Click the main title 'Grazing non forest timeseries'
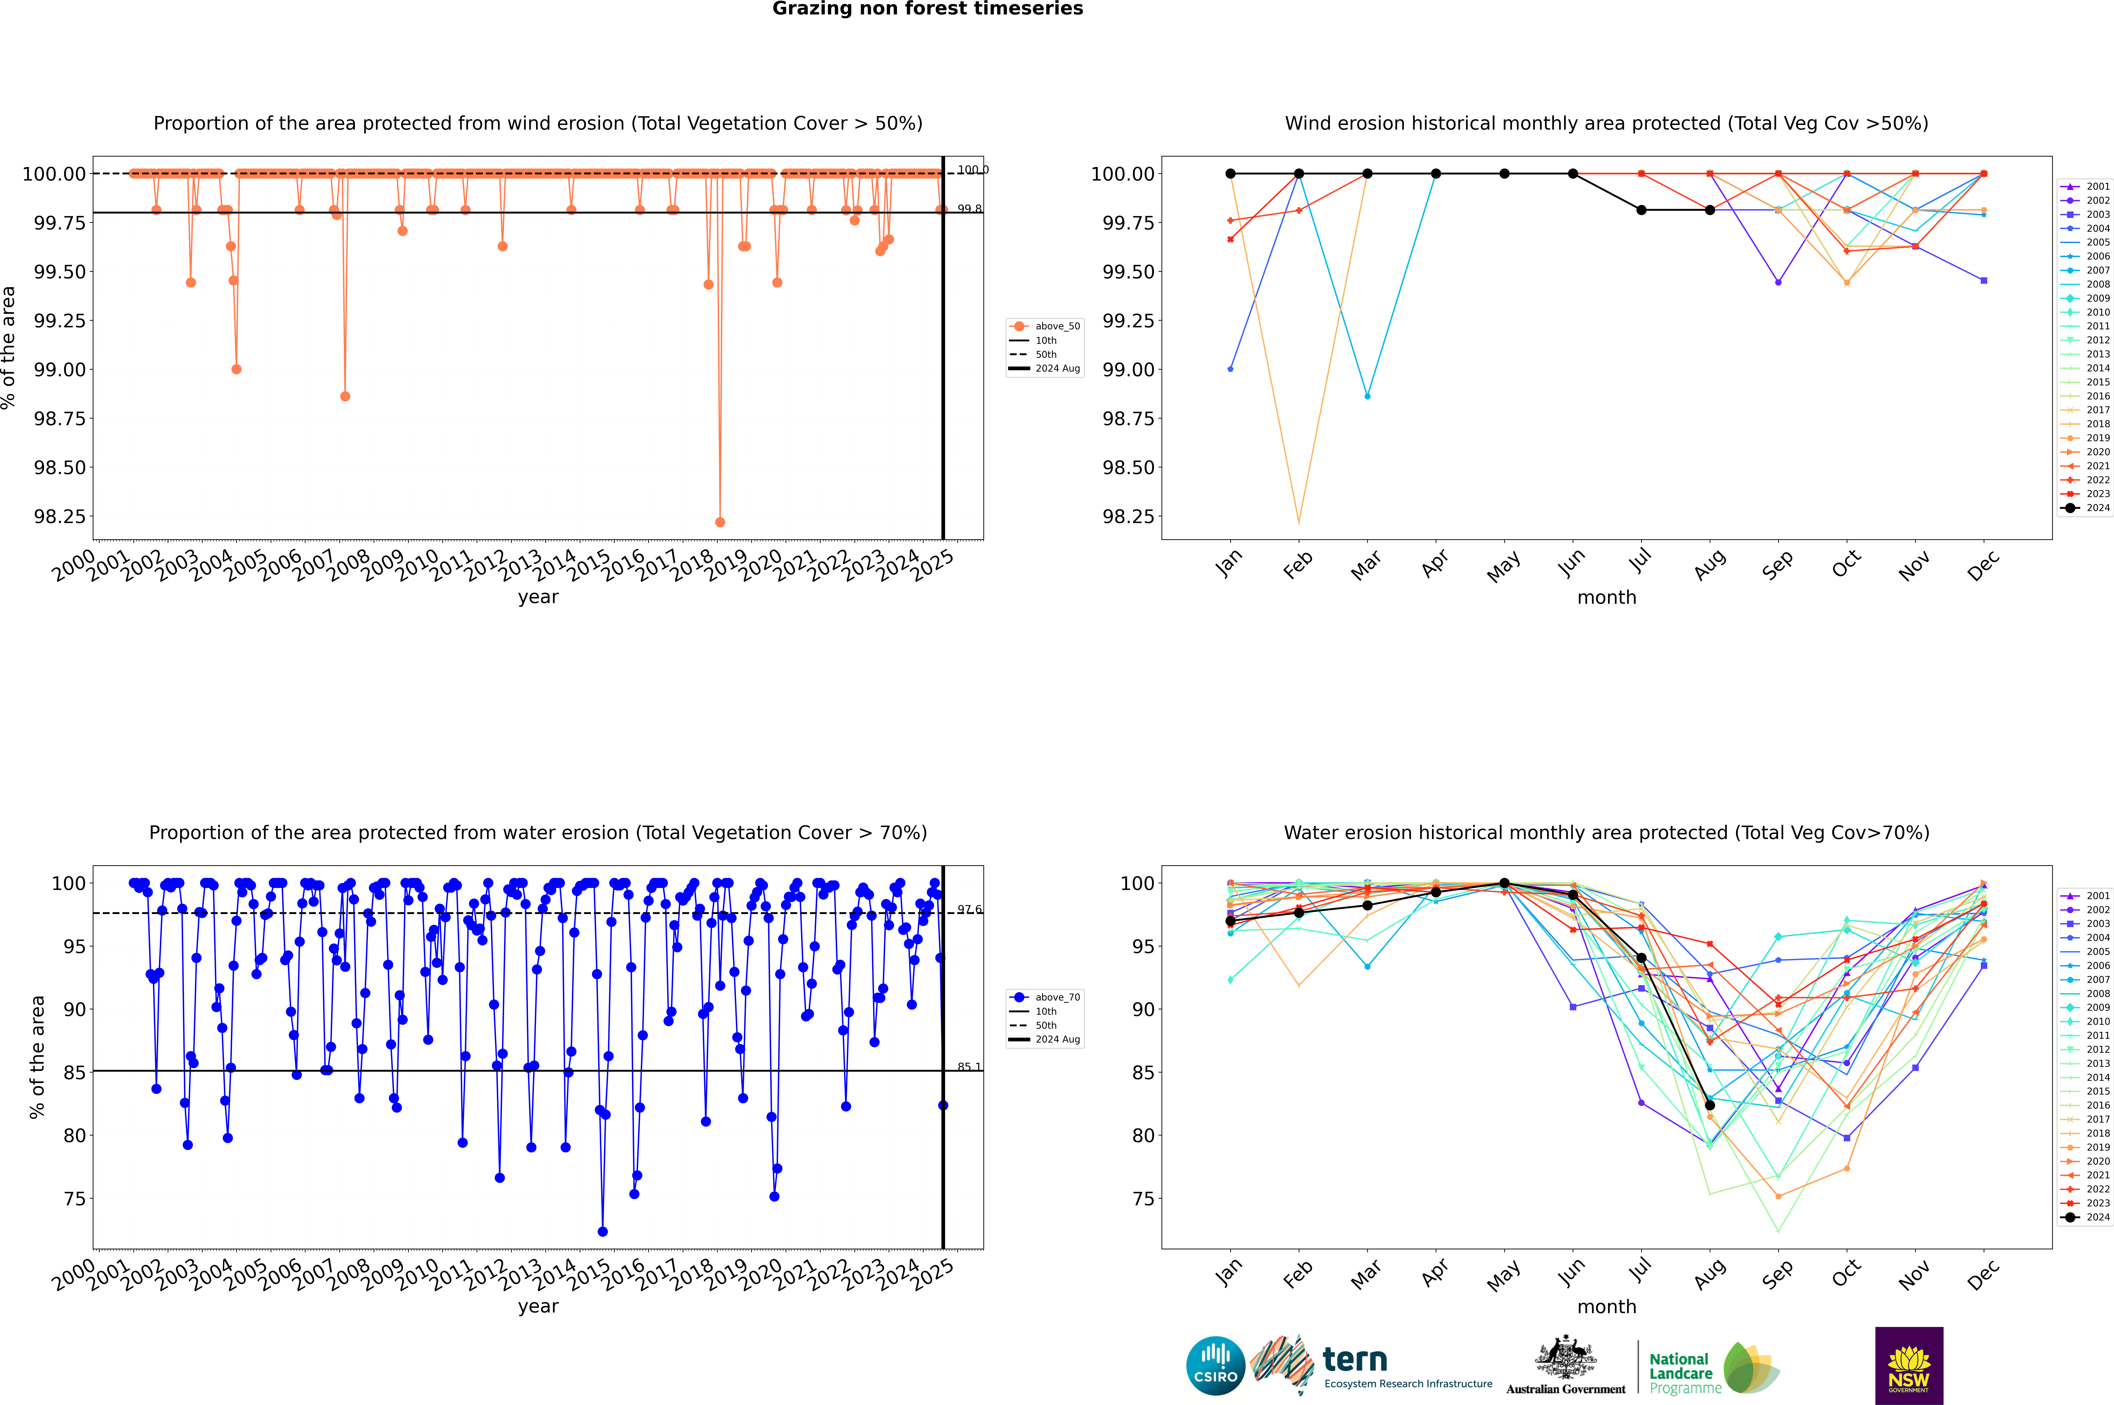[928, 9]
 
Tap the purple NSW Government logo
[1909, 1366]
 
